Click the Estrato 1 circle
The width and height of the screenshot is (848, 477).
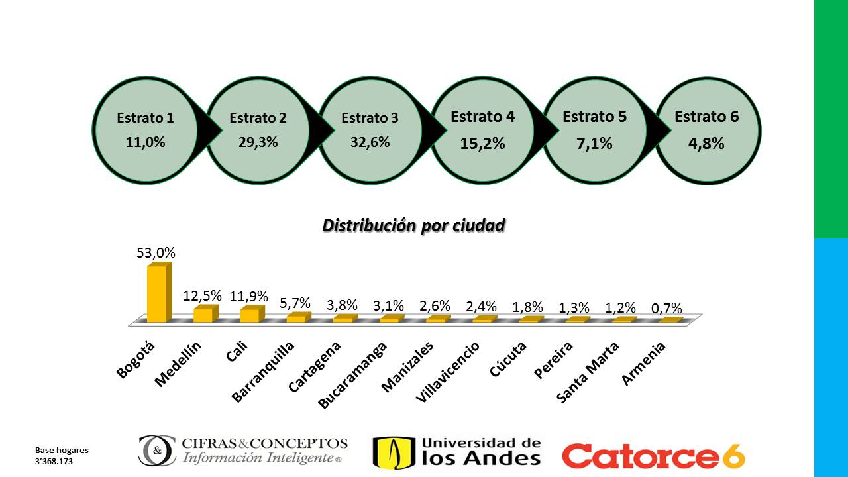pyautogui.click(x=145, y=130)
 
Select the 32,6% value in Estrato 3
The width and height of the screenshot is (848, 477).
pyautogui.click(x=370, y=142)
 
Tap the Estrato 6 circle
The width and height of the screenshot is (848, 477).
pyautogui.click(x=707, y=130)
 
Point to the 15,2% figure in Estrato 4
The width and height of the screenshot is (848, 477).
pyautogui.click(x=482, y=144)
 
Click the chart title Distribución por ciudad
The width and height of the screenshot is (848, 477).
pyautogui.click(x=413, y=226)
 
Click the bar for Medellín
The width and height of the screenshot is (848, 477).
pyautogui.click(x=203, y=314)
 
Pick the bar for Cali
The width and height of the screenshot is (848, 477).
pyautogui.click(x=249, y=315)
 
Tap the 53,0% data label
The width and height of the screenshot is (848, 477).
pyautogui.click(x=156, y=252)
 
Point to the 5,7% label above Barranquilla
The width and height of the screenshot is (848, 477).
pyautogui.click(x=295, y=303)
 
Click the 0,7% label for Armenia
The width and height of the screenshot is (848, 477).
pyautogui.click(x=666, y=309)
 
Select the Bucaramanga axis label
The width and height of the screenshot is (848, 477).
pyautogui.click(x=351, y=376)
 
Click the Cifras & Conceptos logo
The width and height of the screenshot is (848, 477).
pyautogui.click(x=242, y=450)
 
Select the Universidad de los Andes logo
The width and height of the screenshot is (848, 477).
pyautogui.click(x=456, y=452)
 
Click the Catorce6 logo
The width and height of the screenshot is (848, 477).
pyautogui.click(x=653, y=456)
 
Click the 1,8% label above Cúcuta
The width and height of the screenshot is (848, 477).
pyautogui.click(x=527, y=307)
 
